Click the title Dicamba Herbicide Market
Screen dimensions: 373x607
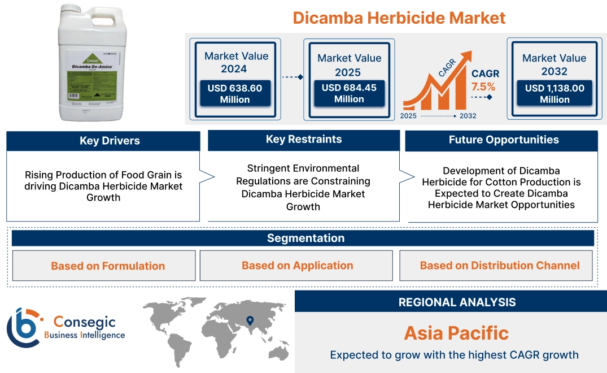pyautogui.click(x=399, y=18)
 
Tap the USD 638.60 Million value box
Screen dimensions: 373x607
pyautogui.click(x=234, y=93)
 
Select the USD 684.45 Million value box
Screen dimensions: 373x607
pyautogui.click(x=349, y=93)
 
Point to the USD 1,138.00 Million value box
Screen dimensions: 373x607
pyautogui.click(x=554, y=93)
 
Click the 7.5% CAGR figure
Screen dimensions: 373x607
pyautogui.click(x=483, y=86)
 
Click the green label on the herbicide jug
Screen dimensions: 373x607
pyautogui.click(x=93, y=79)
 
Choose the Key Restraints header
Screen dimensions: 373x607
pyautogui.click(x=304, y=140)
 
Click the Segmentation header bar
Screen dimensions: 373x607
pyautogui.click(x=305, y=238)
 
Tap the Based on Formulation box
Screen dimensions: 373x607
pyautogui.click(x=108, y=266)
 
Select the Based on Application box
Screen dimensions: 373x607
pyautogui.click(x=298, y=266)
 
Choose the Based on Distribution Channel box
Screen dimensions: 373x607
pyautogui.click(x=500, y=266)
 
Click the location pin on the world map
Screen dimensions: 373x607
pyautogui.click(x=249, y=322)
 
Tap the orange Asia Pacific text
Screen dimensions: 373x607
pyautogui.click(x=456, y=333)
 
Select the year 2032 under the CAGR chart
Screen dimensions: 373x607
pyautogui.click(x=468, y=116)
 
